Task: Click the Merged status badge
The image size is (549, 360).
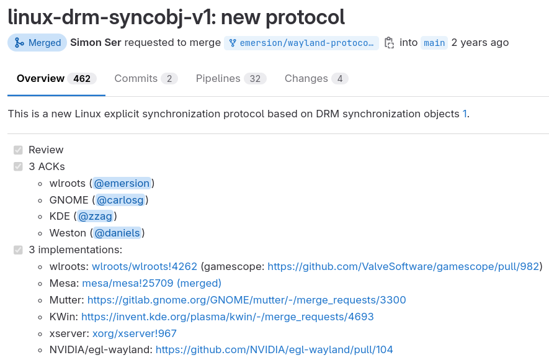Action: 37,43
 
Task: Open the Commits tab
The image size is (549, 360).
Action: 146,79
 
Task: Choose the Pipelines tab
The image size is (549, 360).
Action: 231,79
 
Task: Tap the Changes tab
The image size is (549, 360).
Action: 316,79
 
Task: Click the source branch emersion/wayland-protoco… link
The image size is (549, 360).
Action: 301,43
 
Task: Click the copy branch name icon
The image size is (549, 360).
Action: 389,43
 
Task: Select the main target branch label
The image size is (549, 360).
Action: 434,43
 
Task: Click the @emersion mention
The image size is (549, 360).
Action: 122,183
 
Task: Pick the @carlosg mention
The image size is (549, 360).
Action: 120,200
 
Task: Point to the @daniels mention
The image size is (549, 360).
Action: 117,233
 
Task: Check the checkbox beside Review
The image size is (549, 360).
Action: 18,150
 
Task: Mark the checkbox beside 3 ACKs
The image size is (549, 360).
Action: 18,166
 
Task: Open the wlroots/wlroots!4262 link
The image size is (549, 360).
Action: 145,267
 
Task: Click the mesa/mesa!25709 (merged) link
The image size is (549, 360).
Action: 151,284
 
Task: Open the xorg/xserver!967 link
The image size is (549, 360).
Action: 135,334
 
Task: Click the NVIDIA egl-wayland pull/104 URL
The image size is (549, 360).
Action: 274,350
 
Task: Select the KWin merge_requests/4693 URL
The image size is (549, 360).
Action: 227,317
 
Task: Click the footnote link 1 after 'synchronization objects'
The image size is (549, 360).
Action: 465,114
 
